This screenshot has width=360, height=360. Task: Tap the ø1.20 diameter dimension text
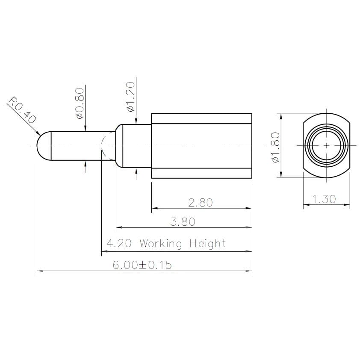(131, 97)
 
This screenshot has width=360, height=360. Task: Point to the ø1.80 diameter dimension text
(275, 147)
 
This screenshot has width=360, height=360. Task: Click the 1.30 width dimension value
(324, 199)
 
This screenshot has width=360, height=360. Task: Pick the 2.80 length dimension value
(201, 202)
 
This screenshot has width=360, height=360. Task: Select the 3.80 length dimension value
(183, 222)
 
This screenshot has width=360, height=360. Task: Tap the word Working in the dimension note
(161, 244)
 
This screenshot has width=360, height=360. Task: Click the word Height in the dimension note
(207, 244)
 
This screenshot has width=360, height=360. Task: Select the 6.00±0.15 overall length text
(142, 265)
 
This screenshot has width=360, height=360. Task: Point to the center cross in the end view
(327, 146)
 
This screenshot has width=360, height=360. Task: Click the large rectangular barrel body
(201, 146)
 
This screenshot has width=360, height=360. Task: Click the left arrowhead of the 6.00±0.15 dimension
(40, 271)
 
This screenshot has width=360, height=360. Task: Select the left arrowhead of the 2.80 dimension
(154, 209)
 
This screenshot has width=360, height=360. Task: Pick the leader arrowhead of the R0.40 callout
(38, 133)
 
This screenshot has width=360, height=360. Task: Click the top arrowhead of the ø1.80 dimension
(280, 116)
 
